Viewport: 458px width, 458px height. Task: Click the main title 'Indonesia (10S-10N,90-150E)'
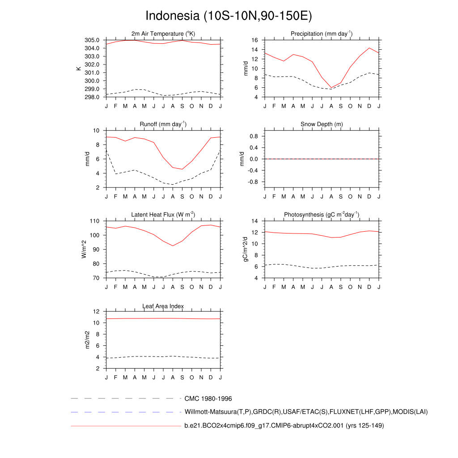click(229, 16)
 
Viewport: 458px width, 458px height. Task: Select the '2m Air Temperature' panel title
click(163, 34)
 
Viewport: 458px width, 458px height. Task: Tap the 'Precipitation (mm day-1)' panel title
click(322, 34)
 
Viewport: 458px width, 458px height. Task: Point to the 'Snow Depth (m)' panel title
click(322, 124)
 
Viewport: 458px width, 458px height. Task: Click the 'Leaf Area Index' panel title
click(163, 306)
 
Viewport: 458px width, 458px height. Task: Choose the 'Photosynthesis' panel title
click(322, 215)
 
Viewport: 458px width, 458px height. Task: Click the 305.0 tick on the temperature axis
click(94, 40)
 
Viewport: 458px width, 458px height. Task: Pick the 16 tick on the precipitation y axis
click(255, 40)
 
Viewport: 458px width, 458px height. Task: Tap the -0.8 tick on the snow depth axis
click(253, 182)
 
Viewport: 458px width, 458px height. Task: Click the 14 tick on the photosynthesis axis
click(255, 221)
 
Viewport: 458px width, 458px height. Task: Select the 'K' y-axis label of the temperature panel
click(79, 68)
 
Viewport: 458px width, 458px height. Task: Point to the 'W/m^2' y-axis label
click(83, 249)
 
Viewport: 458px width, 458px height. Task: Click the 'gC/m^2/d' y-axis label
click(245, 249)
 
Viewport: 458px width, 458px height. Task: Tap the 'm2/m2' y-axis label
click(88, 340)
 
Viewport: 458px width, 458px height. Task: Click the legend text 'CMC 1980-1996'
click(208, 399)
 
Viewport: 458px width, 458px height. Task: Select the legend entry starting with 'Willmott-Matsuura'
click(306, 412)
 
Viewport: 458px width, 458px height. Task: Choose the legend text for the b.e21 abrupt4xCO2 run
click(284, 426)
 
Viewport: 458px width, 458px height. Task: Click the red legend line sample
click(125, 426)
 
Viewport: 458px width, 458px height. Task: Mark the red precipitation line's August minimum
click(331, 88)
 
